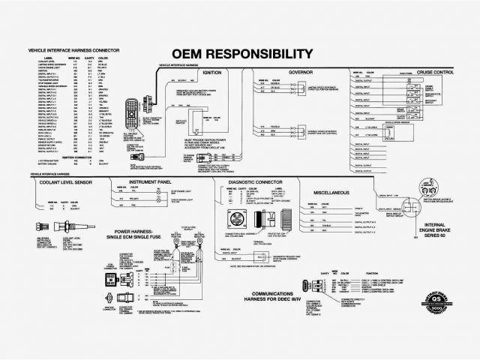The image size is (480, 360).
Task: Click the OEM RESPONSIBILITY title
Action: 241,54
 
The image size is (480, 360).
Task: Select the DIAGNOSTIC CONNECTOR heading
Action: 250,182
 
